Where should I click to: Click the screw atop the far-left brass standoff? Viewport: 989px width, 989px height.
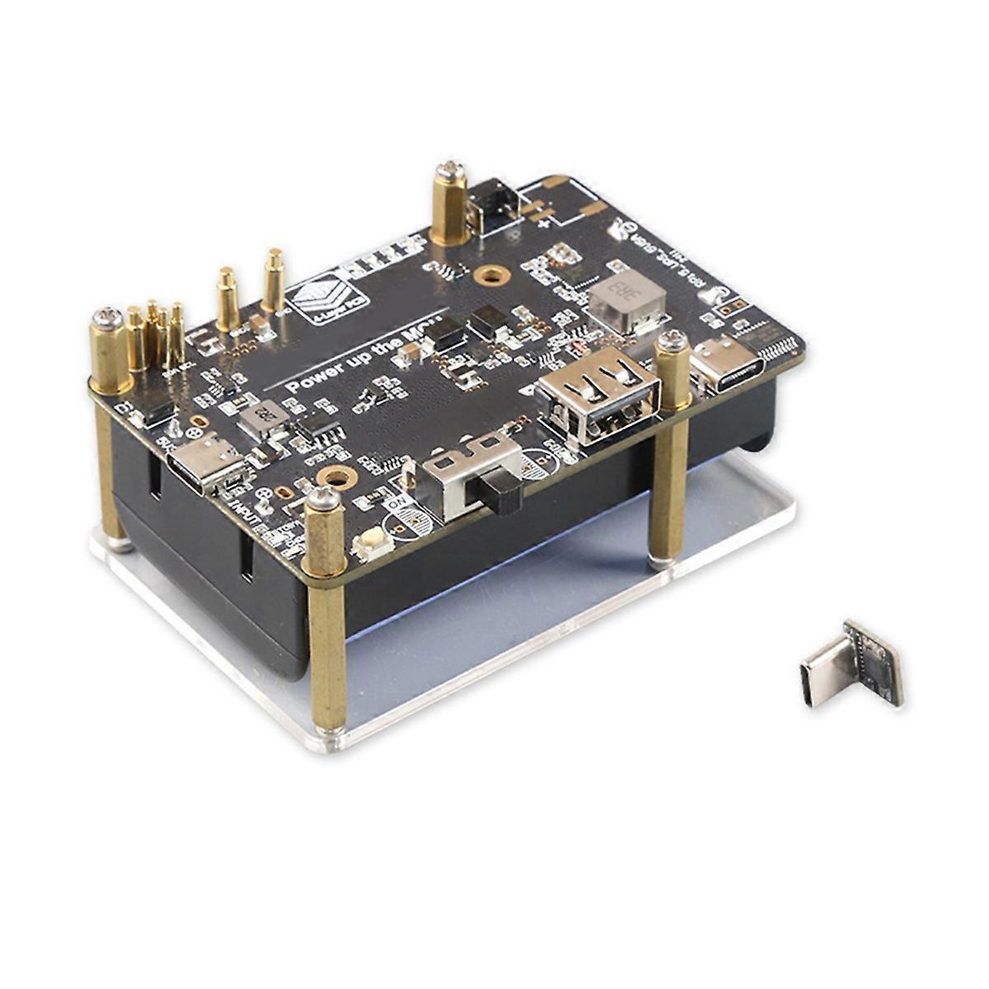(x=108, y=316)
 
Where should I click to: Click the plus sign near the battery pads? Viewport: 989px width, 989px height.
(x=544, y=220)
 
